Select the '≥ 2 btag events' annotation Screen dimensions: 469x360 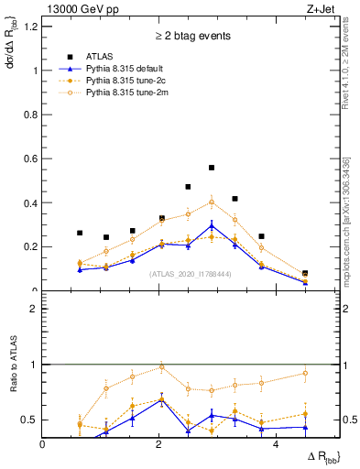[x=191, y=36]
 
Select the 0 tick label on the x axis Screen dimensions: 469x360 [x=43, y=443]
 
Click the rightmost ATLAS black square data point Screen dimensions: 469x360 [x=305, y=273]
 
